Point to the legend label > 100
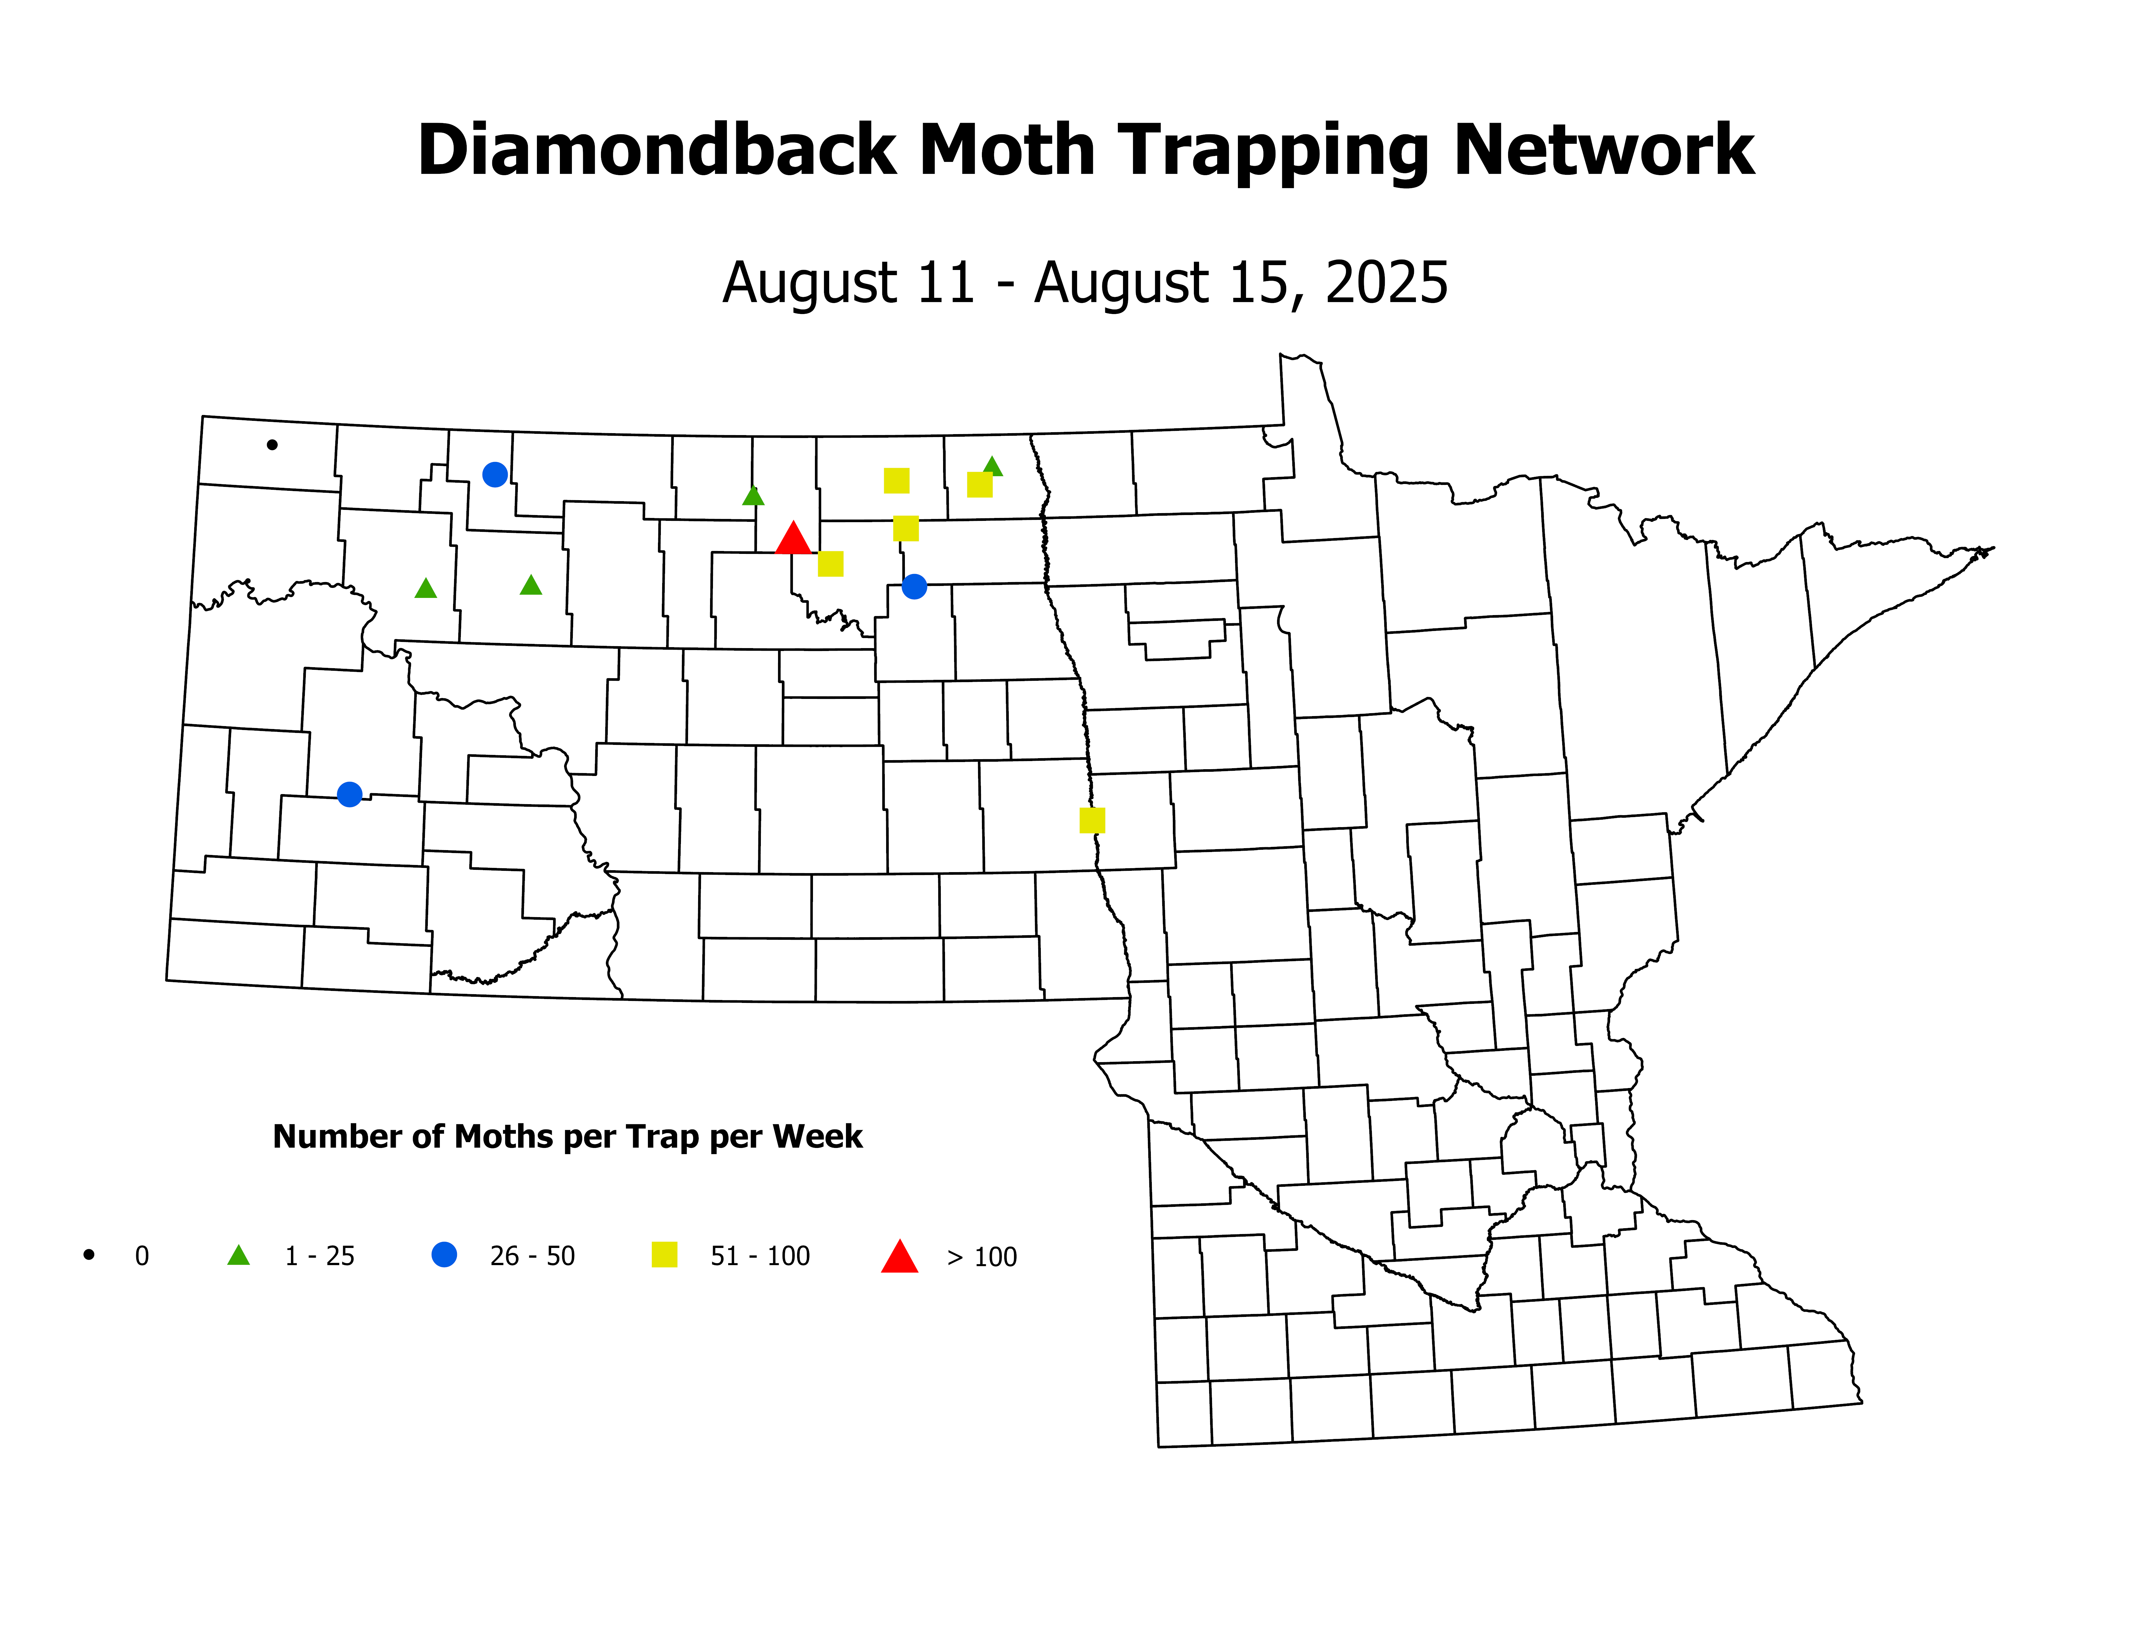pos(982,1257)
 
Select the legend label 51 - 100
pos(760,1256)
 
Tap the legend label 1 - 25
pos(320,1256)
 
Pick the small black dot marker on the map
pos(272,445)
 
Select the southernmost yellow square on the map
pos(1093,821)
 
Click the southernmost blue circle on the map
pos(349,794)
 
